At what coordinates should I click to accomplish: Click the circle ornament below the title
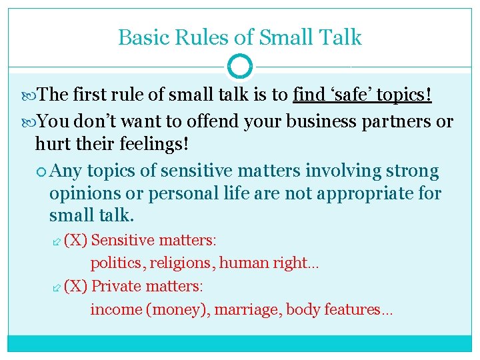(240, 67)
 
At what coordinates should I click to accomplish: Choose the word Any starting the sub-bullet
(65, 171)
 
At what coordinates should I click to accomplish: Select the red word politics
(117, 263)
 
